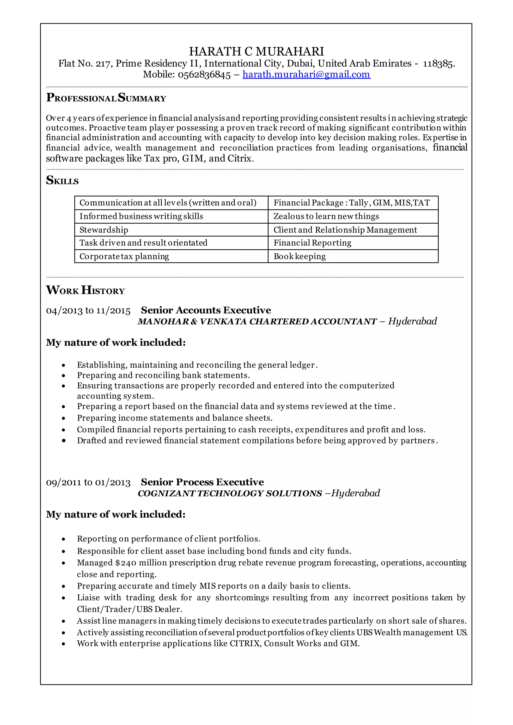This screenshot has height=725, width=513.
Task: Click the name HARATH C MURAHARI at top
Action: (256, 52)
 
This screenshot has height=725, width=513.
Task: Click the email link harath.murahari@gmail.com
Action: (306, 75)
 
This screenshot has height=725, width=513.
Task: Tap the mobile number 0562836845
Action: (204, 75)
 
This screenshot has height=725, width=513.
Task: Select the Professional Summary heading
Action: (106, 98)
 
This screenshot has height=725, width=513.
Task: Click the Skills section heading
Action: (62, 180)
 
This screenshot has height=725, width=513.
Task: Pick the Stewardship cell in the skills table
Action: (104, 230)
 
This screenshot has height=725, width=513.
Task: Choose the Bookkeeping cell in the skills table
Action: (300, 256)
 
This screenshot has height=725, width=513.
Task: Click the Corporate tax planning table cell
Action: (124, 256)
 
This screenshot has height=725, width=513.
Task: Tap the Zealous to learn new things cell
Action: (326, 216)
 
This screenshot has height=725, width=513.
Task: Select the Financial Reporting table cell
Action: (312, 243)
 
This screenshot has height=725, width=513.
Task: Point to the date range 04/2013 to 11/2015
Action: (88, 311)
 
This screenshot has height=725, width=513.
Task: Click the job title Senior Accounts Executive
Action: (206, 310)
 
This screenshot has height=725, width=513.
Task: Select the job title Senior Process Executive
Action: (202, 482)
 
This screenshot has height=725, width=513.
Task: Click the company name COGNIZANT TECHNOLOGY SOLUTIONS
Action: (230, 493)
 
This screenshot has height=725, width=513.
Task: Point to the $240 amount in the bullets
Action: (126, 563)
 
